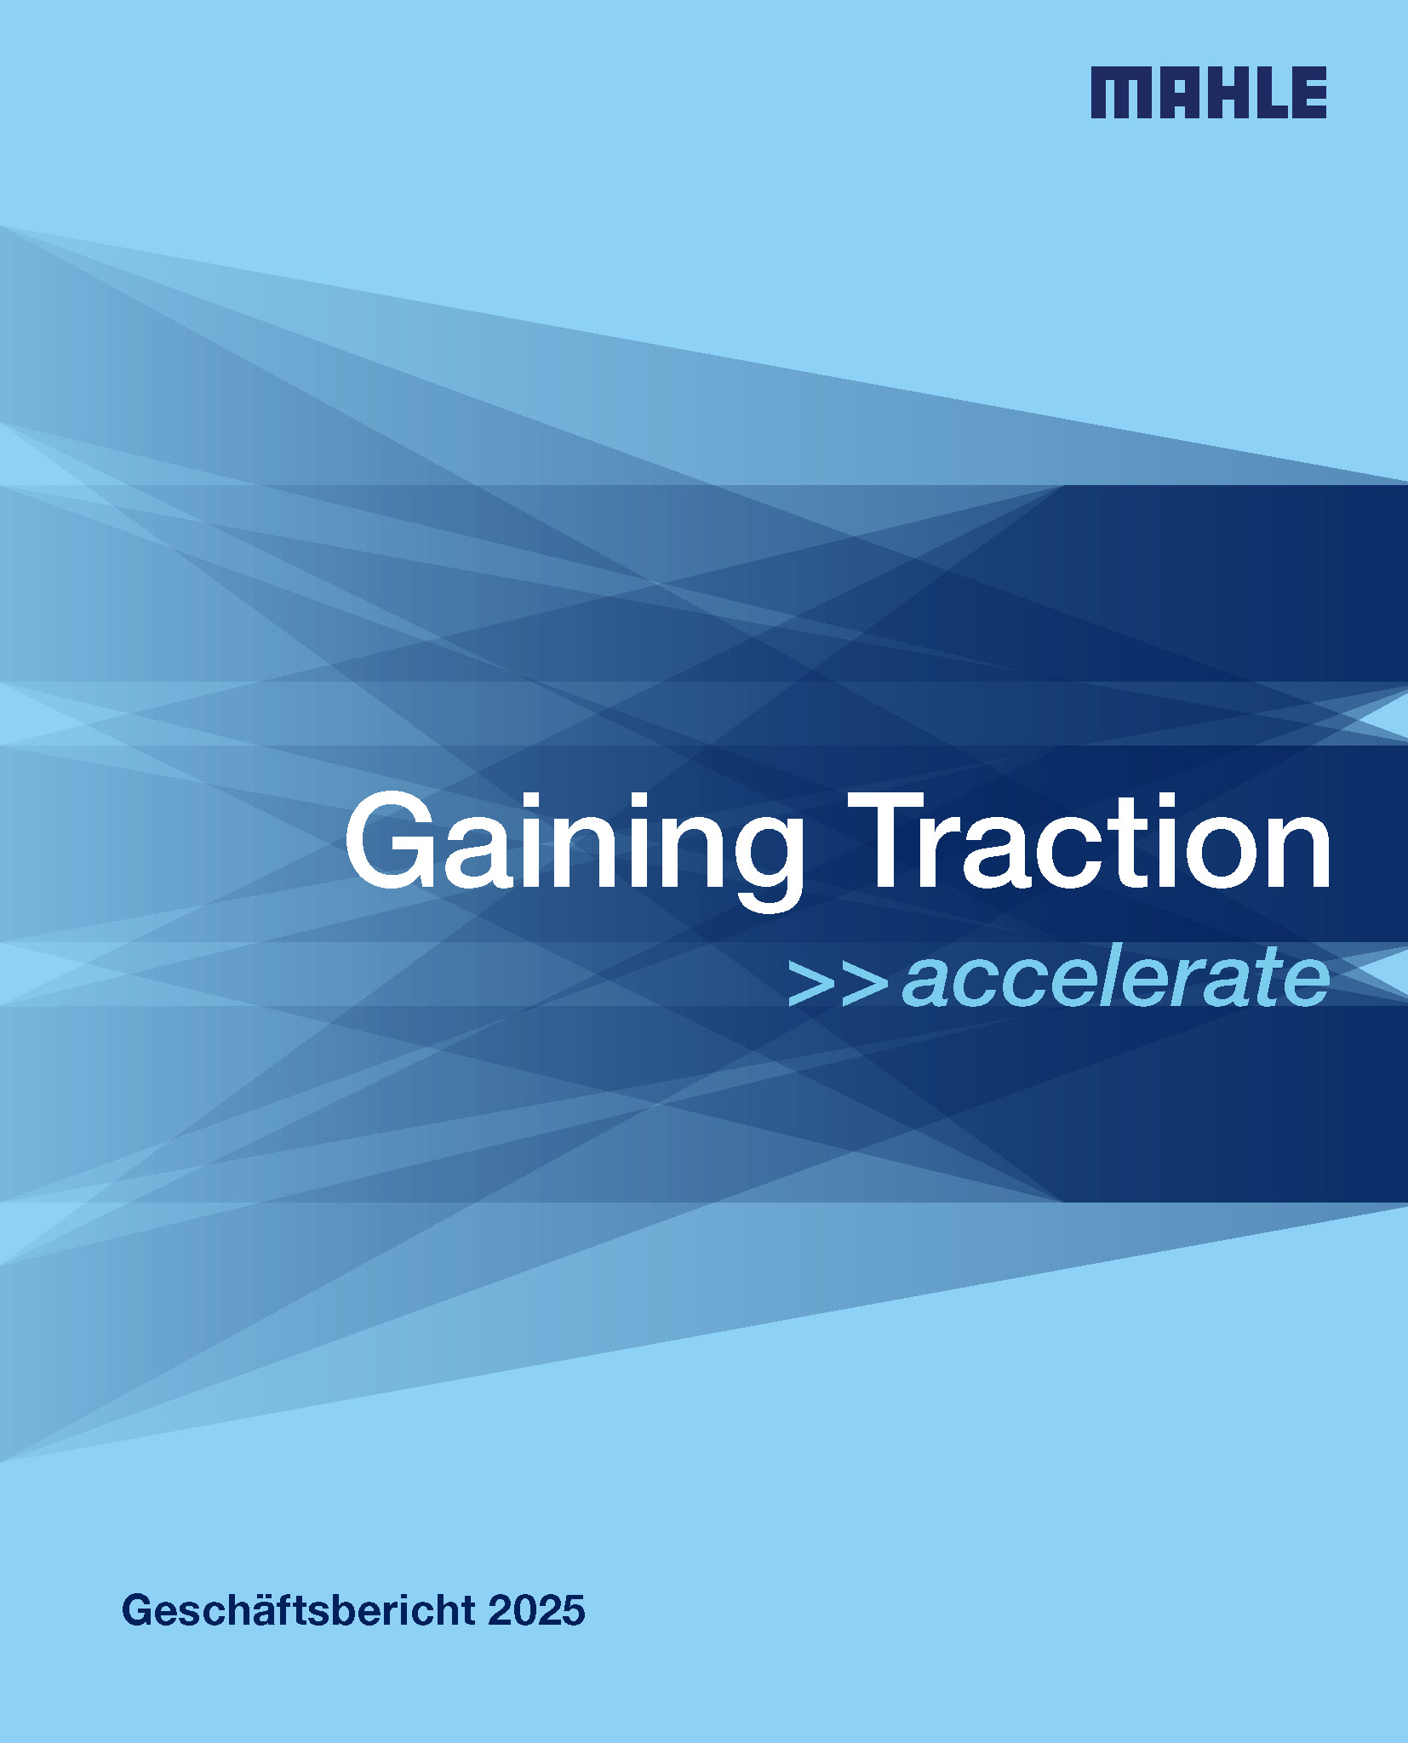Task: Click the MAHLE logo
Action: pyautogui.click(x=1208, y=92)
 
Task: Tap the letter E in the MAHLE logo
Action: pyautogui.click(x=1308, y=92)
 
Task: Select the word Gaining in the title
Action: pyautogui.click(x=575, y=851)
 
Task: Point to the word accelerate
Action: pyautogui.click(x=1115, y=979)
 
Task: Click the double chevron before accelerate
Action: pyautogui.click(x=838, y=984)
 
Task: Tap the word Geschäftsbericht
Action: pyautogui.click(x=299, y=1611)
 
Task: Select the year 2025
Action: pyautogui.click(x=537, y=1611)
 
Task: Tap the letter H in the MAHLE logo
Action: pyautogui.click(x=1227, y=92)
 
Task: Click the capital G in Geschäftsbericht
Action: pyautogui.click(x=140, y=1610)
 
